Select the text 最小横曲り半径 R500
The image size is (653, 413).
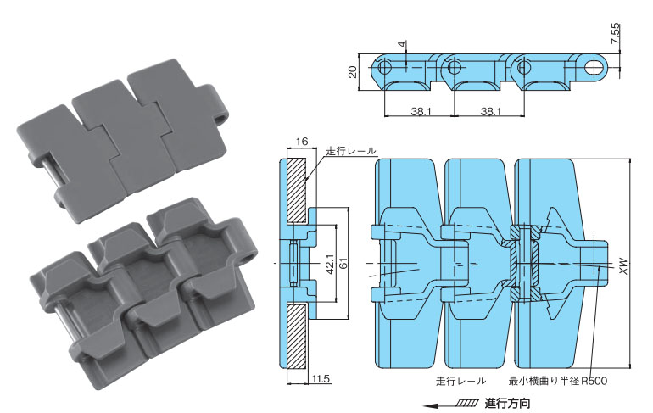coord(557,381)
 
